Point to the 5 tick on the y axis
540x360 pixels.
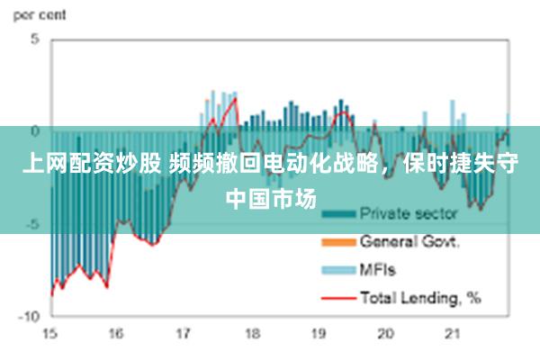point(35,40)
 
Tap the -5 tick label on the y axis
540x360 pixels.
point(32,223)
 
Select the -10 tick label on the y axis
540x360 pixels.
point(30,316)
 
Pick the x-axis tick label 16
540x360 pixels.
point(115,334)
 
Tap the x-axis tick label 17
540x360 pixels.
point(183,334)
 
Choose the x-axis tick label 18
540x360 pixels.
point(251,334)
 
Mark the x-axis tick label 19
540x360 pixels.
point(319,334)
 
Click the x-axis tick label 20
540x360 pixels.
point(386,334)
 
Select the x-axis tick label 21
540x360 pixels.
point(454,334)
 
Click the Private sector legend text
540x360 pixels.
point(409,214)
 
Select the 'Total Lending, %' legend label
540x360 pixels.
point(420,296)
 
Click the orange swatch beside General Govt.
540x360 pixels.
point(338,242)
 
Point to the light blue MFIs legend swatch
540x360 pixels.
point(338,269)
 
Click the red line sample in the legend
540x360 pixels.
point(338,297)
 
